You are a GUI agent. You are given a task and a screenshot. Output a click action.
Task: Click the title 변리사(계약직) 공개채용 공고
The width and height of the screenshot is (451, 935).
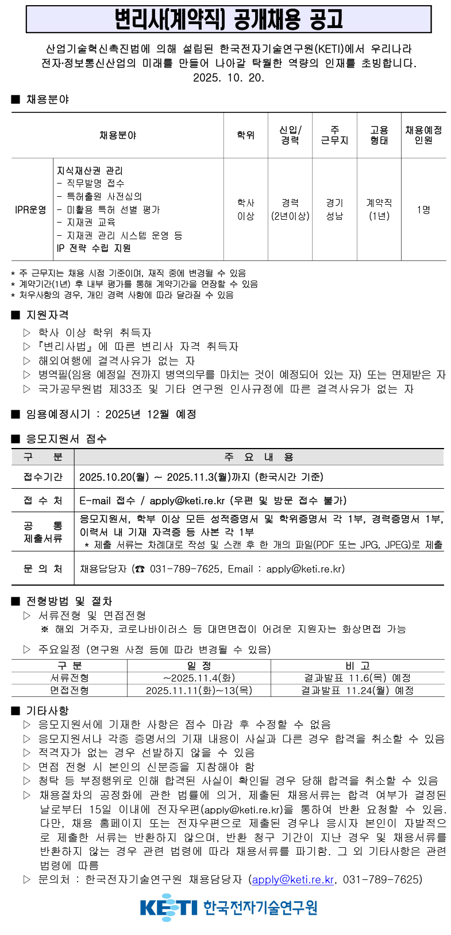click(x=228, y=20)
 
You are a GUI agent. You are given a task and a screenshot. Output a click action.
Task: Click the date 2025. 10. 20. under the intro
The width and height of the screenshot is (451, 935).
click(x=229, y=78)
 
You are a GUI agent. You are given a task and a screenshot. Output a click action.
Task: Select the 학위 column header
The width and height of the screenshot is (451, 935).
click(x=245, y=135)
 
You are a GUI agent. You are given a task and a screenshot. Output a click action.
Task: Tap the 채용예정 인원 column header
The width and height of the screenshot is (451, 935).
click(x=423, y=135)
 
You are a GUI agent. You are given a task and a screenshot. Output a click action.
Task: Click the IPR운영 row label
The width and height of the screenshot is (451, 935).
click(x=31, y=209)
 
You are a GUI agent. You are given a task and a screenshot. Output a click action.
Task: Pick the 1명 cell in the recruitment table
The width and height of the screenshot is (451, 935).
click(x=423, y=209)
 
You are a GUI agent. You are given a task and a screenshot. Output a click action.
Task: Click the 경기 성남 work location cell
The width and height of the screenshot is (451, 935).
click(x=334, y=209)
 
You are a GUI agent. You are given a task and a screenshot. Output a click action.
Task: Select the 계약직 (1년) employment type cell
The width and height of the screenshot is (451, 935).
click(x=379, y=209)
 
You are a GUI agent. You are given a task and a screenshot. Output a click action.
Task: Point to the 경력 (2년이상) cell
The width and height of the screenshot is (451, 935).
click(x=290, y=209)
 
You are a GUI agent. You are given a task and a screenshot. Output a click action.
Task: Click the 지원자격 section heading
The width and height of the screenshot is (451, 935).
click(x=47, y=315)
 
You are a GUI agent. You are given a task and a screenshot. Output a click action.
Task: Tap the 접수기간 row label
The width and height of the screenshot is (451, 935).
click(x=43, y=477)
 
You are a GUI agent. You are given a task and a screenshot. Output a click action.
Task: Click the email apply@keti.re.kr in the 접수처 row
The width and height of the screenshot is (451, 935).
click(x=187, y=500)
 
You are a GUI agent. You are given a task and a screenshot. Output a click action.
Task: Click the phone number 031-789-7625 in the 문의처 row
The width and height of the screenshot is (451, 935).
click(x=184, y=569)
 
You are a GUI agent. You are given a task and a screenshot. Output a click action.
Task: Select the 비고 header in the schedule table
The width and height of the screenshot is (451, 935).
click(x=357, y=665)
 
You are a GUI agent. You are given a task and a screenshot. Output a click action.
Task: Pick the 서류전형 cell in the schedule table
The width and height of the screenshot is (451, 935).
click(x=70, y=678)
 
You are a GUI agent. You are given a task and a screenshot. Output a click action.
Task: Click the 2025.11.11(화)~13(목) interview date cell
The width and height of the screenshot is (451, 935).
click(x=199, y=691)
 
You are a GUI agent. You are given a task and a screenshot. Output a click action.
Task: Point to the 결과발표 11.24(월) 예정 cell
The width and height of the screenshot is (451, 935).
click(x=357, y=691)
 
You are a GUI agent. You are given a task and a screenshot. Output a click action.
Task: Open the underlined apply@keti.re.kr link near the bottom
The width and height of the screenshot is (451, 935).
click(x=293, y=879)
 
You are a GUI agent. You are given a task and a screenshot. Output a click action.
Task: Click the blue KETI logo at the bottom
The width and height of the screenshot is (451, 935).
click(x=168, y=907)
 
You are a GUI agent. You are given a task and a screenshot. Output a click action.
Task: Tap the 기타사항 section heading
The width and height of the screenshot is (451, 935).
click(x=47, y=711)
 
